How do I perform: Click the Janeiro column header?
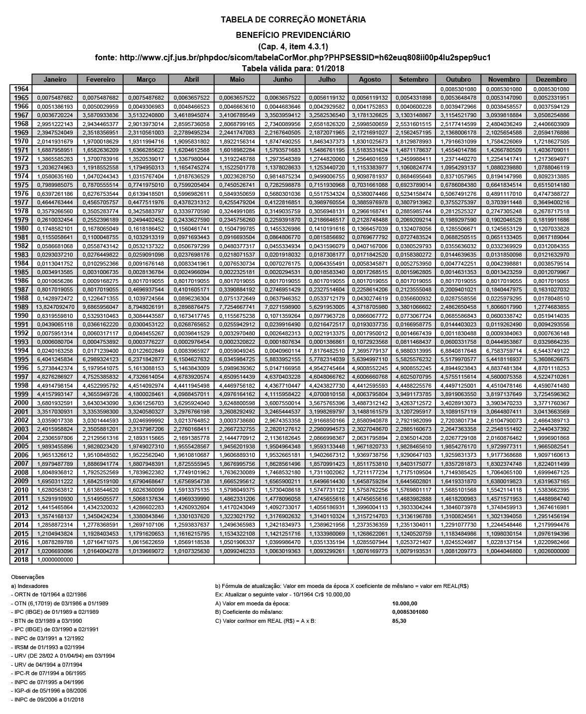pyautogui.click(x=55, y=79)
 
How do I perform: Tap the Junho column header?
pyautogui.click(x=283, y=79)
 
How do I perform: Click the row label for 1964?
pyautogui.click(x=20, y=89)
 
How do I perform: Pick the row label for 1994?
pyautogui.click(x=20, y=350)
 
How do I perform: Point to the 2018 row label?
pyautogui.click(x=20, y=560)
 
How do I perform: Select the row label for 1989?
pyautogui.click(x=20, y=307)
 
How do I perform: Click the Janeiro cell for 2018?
pyautogui.click(x=55, y=560)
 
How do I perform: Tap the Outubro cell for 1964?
pyautogui.click(x=458, y=89)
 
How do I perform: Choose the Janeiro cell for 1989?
pyautogui.click(x=55, y=307)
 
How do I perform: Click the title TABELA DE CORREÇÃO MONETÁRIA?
pyautogui.click(x=293, y=20)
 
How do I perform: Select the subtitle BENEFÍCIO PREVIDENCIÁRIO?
pyautogui.click(x=293, y=35)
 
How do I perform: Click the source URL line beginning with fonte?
pyautogui.click(x=293, y=57)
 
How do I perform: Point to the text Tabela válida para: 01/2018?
pyautogui.click(x=293, y=68)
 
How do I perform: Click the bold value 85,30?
pyautogui.click(x=399, y=621)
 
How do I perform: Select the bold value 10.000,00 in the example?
pyautogui.click(x=404, y=603)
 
